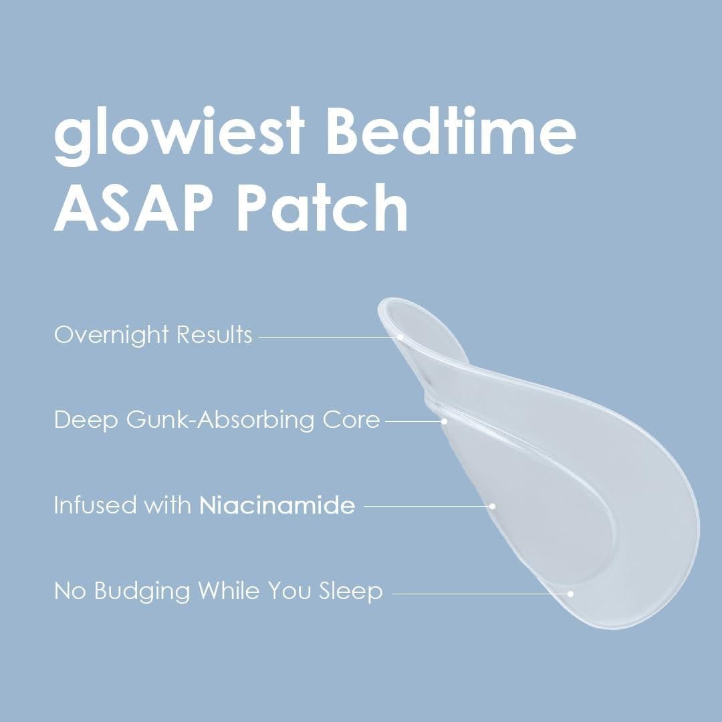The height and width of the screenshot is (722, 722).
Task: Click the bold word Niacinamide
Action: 277,505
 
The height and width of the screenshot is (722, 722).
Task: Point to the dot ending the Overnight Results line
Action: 400,337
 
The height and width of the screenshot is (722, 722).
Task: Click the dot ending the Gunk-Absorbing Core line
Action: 444,421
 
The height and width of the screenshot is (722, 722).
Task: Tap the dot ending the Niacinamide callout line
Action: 493,506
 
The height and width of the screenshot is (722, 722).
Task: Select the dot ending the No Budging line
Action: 571,592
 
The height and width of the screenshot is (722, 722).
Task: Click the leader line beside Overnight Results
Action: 328,337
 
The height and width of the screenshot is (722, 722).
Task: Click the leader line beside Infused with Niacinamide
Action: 428,506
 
